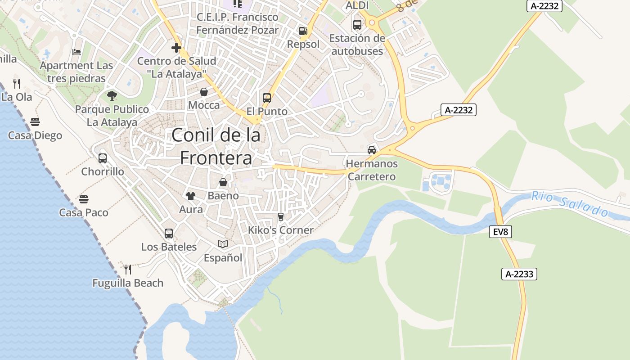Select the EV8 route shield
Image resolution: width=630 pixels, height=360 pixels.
point(500,232)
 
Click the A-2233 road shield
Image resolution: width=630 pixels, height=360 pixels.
point(519,274)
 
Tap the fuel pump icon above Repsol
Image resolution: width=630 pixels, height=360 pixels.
point(303,31)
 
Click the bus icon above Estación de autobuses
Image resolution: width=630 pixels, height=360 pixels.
point(357,25)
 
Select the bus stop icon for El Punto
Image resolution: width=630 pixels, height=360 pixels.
point(267,98)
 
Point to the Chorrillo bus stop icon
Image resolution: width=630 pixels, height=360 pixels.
point(103,158)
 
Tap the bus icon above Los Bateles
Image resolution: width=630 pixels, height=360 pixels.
point(169,233)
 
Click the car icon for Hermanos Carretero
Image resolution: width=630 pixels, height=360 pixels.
point(372,150)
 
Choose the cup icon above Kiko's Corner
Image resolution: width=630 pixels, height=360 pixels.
point(281,216)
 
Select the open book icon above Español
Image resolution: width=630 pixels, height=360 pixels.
point(223,244)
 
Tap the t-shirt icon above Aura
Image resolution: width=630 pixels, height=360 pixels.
point(191,196)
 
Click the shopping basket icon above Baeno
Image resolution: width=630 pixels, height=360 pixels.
point(223,182)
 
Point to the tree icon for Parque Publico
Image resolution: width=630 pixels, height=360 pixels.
point(112,95)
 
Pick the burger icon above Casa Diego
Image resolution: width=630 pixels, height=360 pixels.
point(35,121)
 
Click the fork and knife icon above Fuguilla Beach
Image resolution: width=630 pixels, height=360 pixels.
point(128,269)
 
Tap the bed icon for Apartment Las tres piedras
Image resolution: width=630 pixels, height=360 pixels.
point(76,52)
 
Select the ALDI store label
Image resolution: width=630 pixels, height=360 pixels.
point(357,5)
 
